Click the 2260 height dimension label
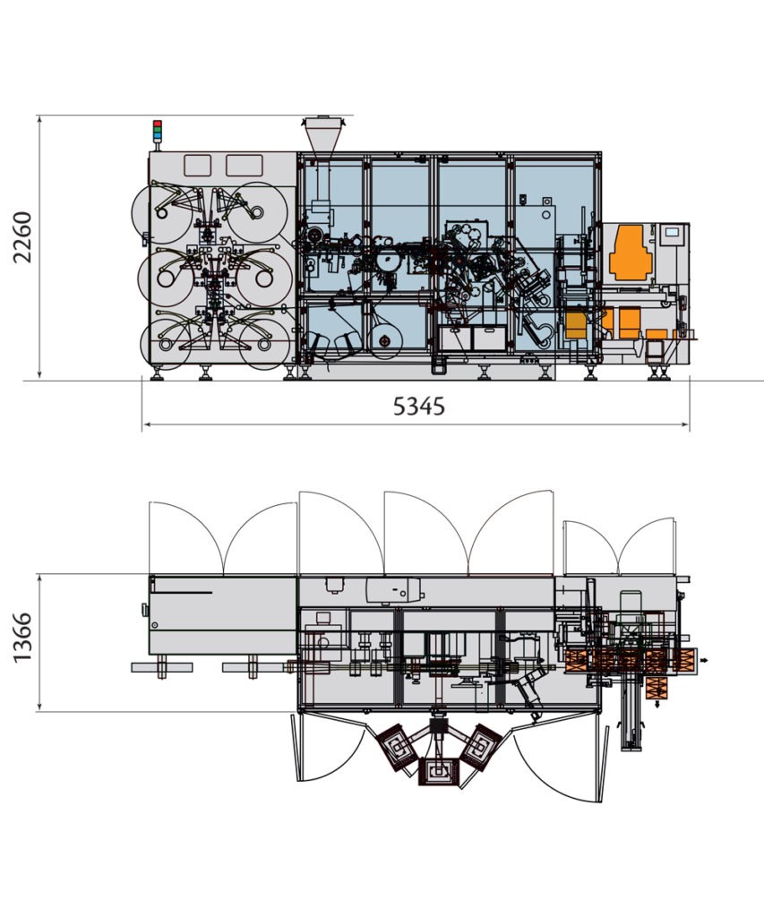[x=23, y=237]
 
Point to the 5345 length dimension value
[x=419, y=406]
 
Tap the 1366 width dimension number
[x=23, y=638]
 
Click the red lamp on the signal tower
[x=157, y=124]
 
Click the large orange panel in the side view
[x=631, y=252]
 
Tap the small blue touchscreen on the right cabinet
[x=672, y=232]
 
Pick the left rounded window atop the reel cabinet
[x=197, y=166]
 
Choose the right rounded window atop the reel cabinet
[x=244, y=166]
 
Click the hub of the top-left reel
[x=162, y=213]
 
